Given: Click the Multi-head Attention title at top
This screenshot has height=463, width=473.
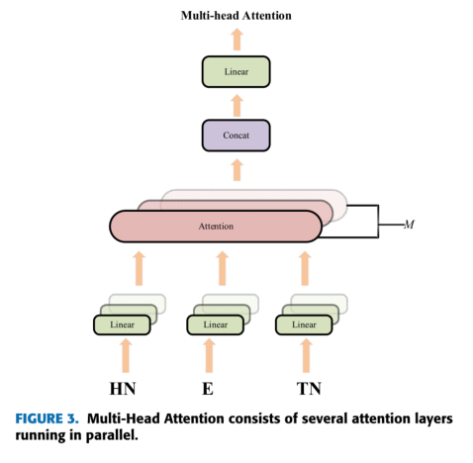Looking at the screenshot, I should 236,16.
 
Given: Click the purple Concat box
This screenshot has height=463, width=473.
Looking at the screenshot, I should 236,135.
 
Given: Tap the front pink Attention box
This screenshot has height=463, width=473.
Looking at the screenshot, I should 215,226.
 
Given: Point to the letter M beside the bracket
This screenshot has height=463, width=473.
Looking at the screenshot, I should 408,225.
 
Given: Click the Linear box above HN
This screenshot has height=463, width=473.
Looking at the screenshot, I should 124,324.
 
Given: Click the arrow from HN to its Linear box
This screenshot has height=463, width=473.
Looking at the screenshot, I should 124,353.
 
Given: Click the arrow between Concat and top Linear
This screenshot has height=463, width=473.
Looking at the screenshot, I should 236,104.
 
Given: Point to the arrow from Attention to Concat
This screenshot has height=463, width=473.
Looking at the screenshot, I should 236,170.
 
